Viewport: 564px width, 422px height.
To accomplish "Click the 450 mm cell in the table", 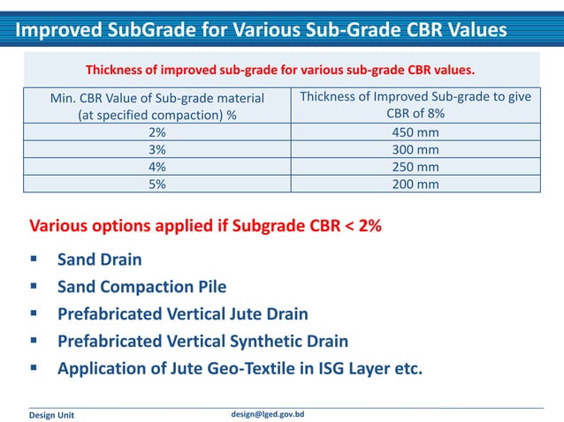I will click(x=415, y=132).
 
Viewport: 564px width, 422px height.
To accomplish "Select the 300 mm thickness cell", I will click(x=415, y=150).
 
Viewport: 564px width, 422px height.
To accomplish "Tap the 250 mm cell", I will click(x=415, y=167).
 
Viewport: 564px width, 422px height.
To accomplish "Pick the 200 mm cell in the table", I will click(x=415, y=185).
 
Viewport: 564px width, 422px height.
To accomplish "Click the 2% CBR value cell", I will click(x=156, y=132).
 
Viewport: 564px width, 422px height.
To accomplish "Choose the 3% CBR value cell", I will click(x=156, y=150).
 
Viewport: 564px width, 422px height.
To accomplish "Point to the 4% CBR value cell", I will click(x=156, y=167).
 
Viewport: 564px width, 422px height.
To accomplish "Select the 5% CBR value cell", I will click(x=156, y=185).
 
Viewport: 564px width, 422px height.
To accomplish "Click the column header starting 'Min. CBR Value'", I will click(x=156, y=105).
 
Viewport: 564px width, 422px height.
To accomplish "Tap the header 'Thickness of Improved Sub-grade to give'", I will click(x=415, y=96).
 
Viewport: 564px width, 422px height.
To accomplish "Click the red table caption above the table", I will click(x=280, y=69).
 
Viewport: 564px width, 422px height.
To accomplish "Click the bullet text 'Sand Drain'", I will click(x=99, y=260).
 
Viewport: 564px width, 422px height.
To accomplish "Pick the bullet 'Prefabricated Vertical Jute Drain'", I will click(x=182, y=313).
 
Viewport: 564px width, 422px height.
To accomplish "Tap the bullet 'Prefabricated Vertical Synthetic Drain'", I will click(x=202, y=341).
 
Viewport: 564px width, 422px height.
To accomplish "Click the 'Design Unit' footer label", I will click(x=52, y=415).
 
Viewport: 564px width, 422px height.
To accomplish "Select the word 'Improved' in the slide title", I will click(x=57, y=30).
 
